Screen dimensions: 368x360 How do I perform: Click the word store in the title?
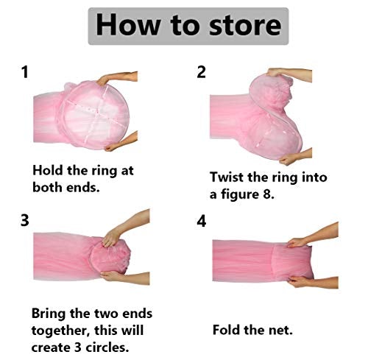(x=245, y=26)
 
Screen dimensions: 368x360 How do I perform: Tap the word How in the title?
(x=127, y=25)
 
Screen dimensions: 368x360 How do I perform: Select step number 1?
(x=25, y=72)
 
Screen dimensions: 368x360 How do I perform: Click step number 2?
(x=201, y=72)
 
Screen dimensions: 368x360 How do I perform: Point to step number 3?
(x=25, y=220)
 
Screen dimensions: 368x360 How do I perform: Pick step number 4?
(x=202, y=221)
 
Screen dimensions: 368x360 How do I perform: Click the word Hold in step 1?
(x=48, y=170)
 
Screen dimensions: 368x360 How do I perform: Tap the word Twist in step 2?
(x=227, y=177)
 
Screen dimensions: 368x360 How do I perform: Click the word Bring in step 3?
(x=49, y=314)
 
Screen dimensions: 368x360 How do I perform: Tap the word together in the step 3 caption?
(x=60, y=331)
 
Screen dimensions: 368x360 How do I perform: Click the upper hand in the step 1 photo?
(x=118, y=77)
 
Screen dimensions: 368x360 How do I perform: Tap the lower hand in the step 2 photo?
(x=296, y=157)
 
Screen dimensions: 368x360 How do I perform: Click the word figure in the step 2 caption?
(x=239, y=194)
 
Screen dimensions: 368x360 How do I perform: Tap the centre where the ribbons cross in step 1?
(x=98, y=113)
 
